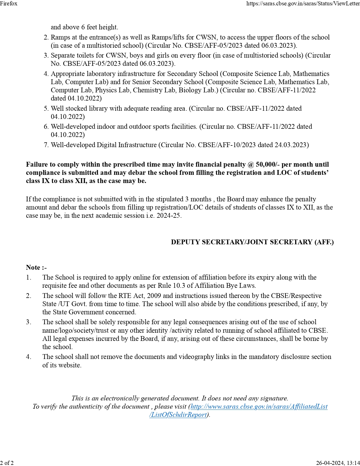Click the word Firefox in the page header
click(9, 3)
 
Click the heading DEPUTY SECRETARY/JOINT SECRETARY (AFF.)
click(252, 242)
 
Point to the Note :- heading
click(36, 267)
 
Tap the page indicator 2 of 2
click(7, 463)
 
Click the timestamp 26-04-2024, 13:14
click(338, 463)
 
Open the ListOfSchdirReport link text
click(178, 415)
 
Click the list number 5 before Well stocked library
click(46, 108)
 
